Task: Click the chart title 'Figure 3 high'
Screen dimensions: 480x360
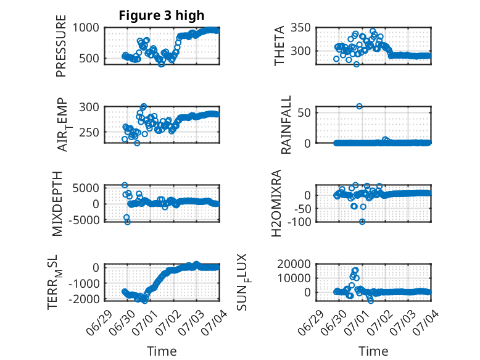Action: (161, 15)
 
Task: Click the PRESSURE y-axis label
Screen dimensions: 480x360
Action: (61, 46)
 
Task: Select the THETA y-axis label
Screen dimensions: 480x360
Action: (279, 46)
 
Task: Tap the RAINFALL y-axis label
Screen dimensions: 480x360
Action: (286, 125)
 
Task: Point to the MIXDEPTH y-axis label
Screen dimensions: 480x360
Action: (57, 204)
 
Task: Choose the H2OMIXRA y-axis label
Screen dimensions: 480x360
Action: (276, 203)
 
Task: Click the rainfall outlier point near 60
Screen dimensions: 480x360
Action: (360, 106)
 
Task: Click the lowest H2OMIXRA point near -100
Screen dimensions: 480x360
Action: (362, 222)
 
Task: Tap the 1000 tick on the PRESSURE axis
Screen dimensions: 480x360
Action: (86, 28)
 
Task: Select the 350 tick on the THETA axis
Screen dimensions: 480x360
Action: (300, 28)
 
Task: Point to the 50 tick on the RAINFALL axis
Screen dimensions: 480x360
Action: (304, 113)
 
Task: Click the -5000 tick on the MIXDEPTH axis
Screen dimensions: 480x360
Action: (84, 220)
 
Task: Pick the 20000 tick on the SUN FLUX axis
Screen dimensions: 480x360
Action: (294, 264)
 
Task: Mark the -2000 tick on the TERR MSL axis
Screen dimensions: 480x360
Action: (84, 299)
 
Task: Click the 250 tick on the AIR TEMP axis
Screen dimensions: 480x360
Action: (89, 133)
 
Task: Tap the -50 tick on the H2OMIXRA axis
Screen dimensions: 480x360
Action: (302, 209)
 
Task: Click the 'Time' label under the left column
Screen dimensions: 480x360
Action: (162, 351)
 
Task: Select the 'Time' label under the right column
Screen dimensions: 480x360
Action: (373, 351)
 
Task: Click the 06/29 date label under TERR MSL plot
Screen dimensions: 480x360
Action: (98, 322)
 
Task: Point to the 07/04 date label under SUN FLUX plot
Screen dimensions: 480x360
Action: (426, 322)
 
